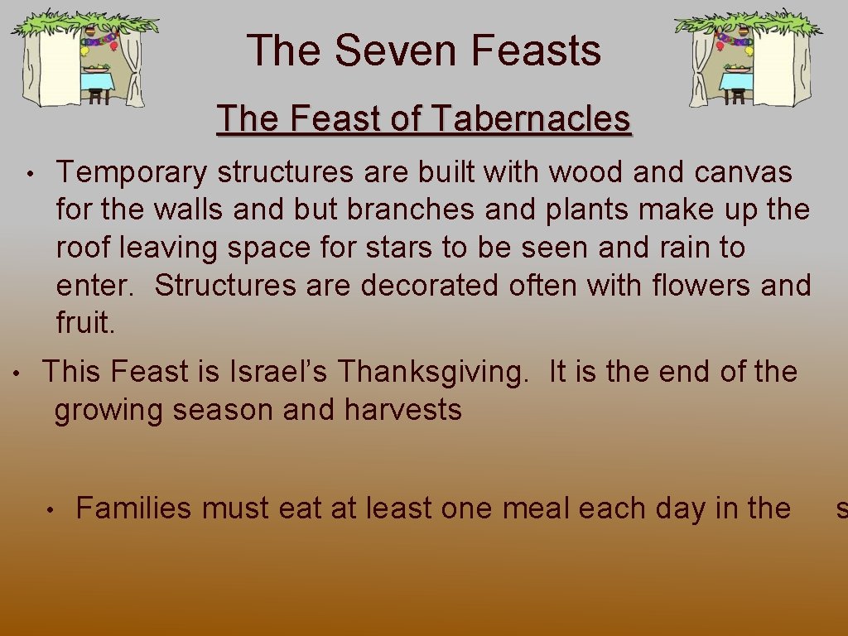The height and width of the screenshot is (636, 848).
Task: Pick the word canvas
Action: click(743, 173)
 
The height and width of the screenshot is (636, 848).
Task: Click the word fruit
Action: click(85, 323)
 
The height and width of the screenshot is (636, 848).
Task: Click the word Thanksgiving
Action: click(431, 372)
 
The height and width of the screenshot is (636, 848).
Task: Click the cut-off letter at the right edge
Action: click(841, 508)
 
